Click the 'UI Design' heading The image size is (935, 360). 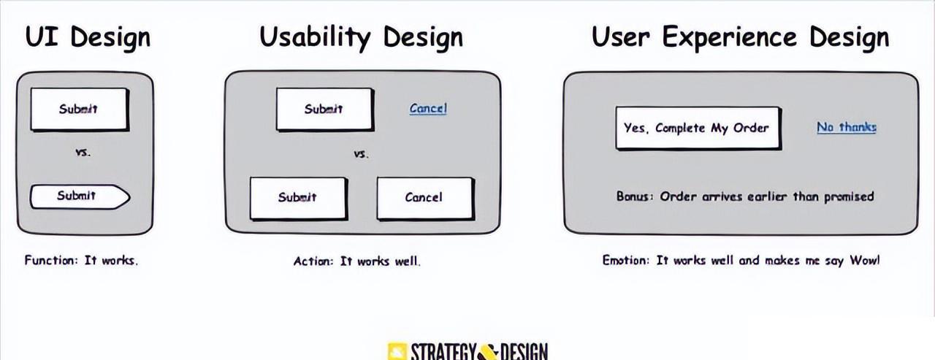click(88, 37)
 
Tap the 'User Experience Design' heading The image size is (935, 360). click(740, 37)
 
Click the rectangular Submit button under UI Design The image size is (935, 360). click(80, 110)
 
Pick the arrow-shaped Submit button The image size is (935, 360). click(80, 196)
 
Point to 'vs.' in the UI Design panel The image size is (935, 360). click(83, 153)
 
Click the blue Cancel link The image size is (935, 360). click(428, 109)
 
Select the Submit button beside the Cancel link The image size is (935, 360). click(325, 110)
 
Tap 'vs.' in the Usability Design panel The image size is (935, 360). click(361, 154)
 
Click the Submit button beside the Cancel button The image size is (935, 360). click(299, 199)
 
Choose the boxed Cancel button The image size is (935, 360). click(425, 199)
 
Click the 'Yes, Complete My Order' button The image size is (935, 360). click(698, 129)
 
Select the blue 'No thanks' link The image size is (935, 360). click(846, 127)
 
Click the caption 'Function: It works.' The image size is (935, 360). click(81, 261)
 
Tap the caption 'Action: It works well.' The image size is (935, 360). click(357, 261)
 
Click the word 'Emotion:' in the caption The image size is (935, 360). click(626, 261)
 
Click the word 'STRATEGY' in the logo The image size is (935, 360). click(443, 352)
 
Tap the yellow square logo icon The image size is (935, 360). click(397, 352)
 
